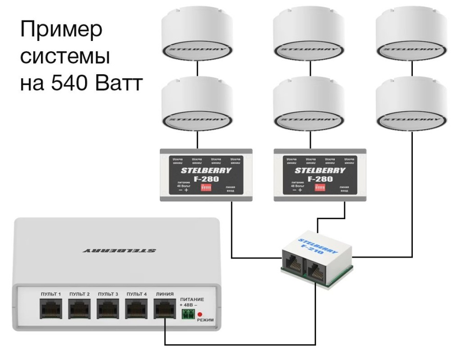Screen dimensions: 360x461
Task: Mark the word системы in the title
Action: (64, 57)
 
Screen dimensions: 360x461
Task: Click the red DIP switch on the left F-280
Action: (206, 188)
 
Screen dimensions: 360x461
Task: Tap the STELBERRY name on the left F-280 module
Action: (206, 170)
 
